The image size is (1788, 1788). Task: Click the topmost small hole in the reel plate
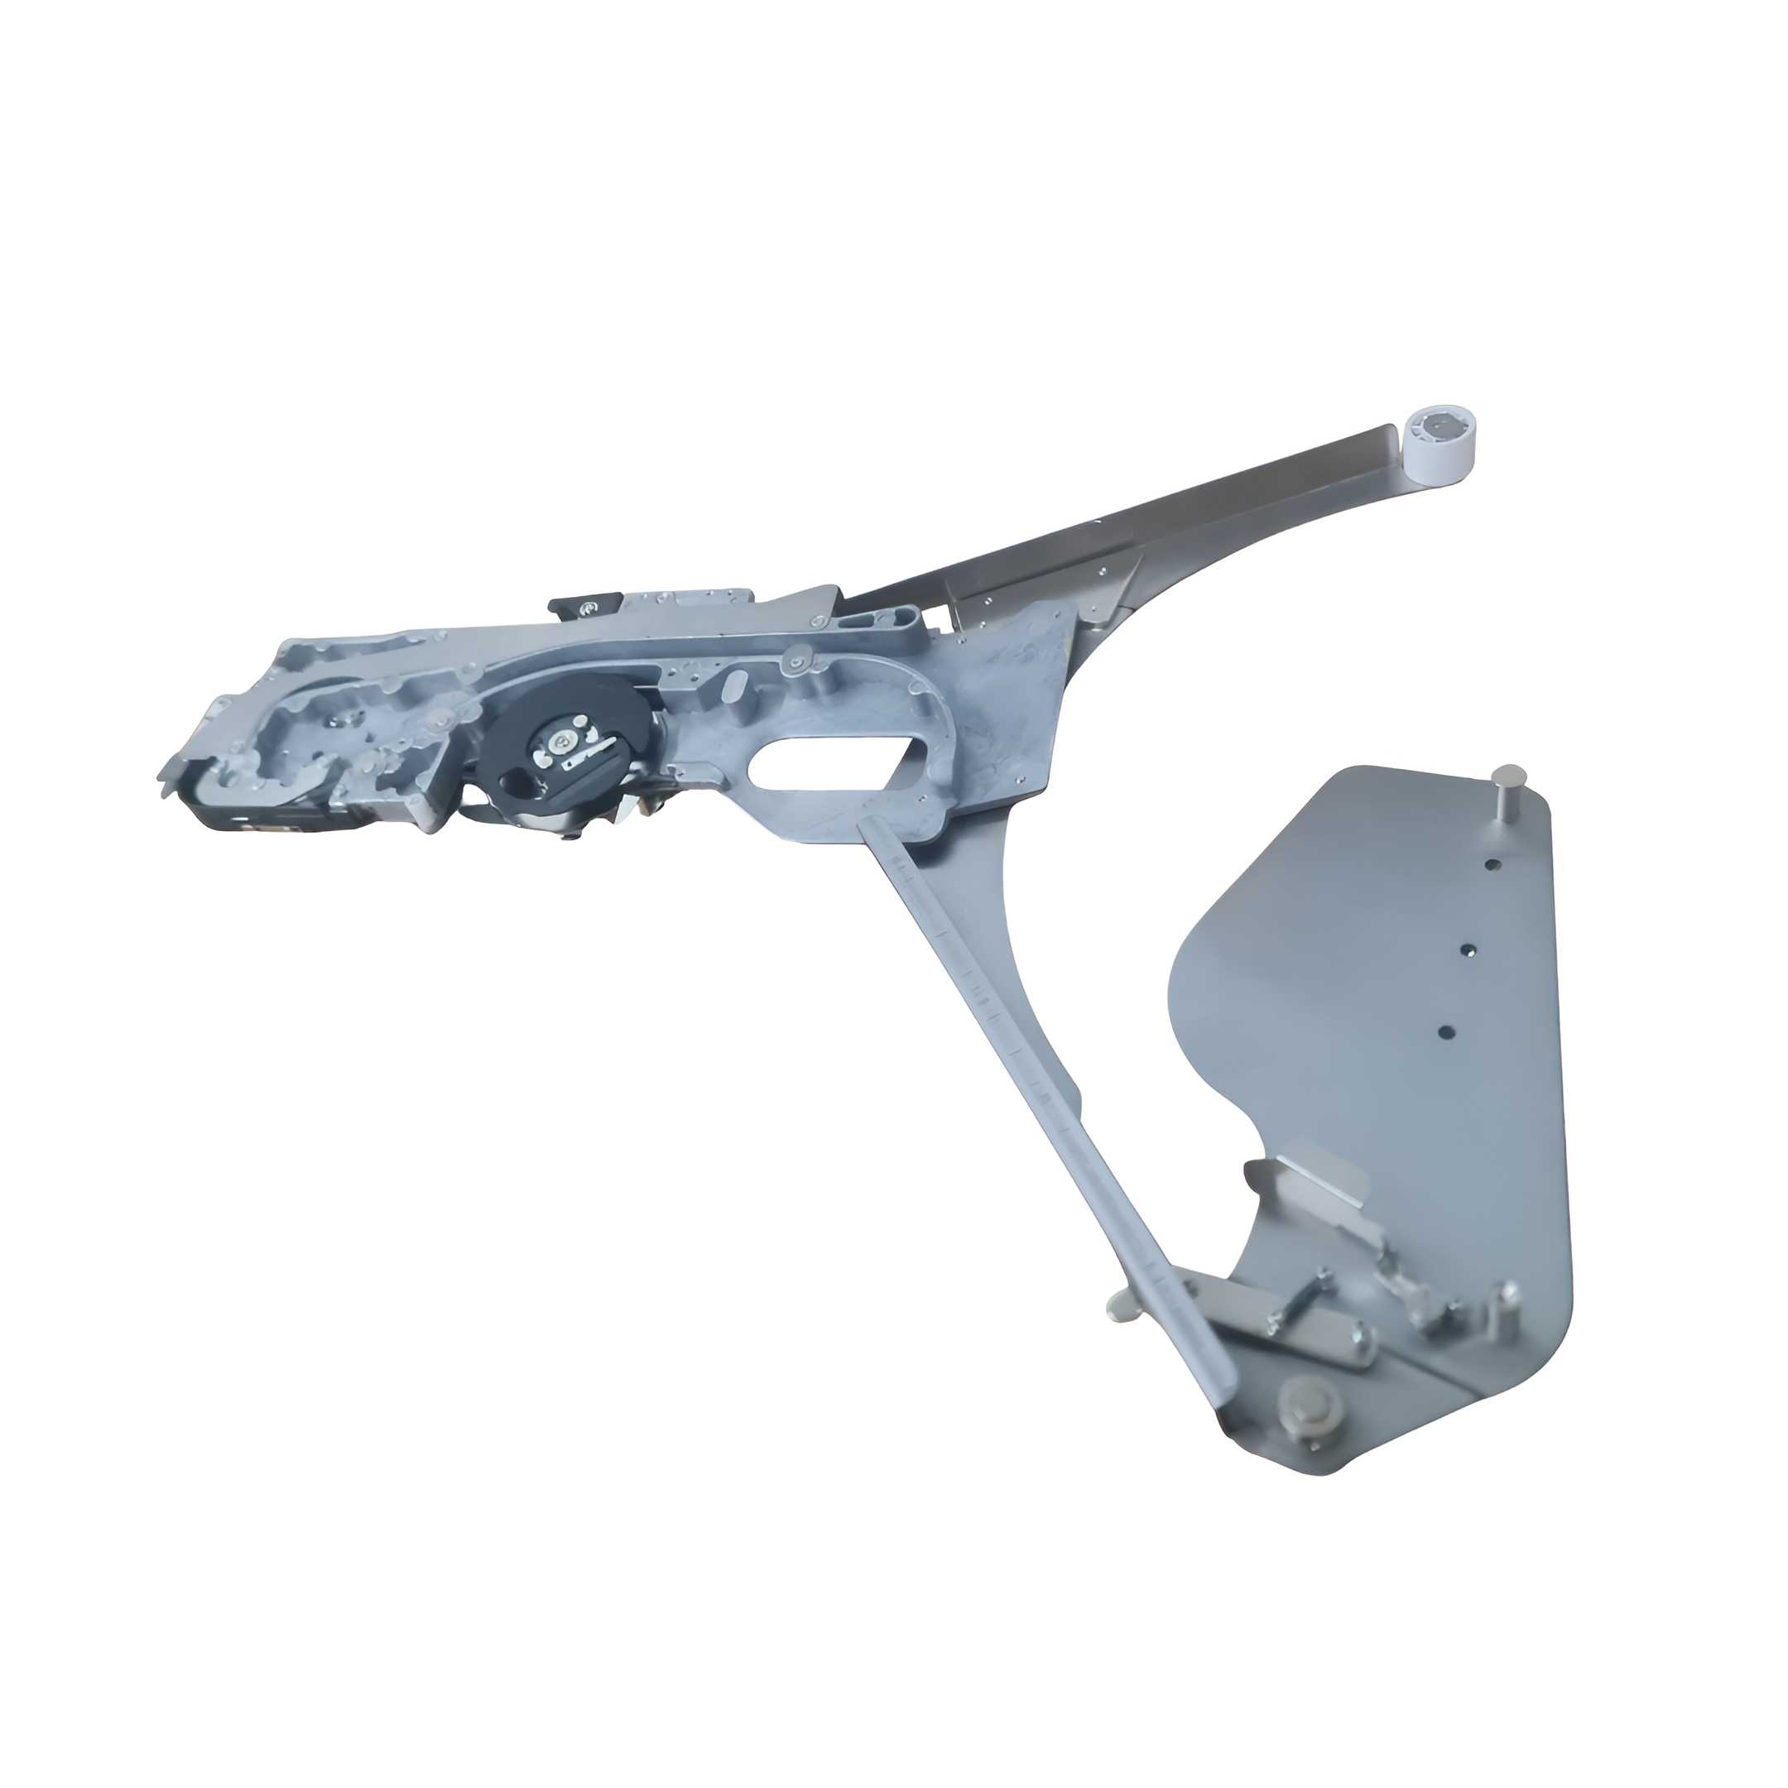(1491, 864)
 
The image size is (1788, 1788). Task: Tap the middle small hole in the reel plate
(1467, 949)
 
